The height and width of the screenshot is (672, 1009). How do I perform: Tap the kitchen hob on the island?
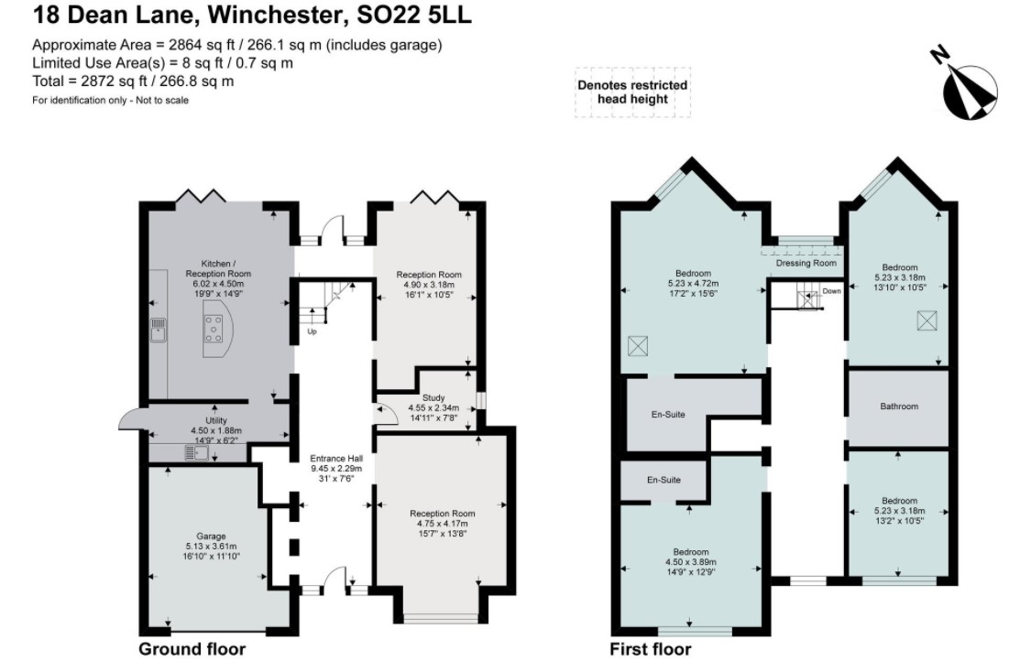(214, 328)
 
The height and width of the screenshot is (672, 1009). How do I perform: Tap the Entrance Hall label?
(333, 458)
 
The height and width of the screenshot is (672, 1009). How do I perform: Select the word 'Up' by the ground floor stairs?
(313, 331)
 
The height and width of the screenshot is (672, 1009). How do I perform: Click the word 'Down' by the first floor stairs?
(831, 291)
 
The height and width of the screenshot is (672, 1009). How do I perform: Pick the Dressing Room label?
(806, 264)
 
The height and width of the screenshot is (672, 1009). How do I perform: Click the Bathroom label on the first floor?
(898, 406)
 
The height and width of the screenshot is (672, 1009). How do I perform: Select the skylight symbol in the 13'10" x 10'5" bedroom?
(927, 320)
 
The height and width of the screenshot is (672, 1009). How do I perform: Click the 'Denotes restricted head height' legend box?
(632, 92)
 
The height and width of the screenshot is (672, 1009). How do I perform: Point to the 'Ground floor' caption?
(192, 650)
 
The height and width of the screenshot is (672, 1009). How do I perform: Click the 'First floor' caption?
(650, 650)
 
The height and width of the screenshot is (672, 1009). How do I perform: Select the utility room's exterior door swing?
(133, 420)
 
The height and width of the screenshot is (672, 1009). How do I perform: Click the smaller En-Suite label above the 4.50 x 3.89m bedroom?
(663, 480)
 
